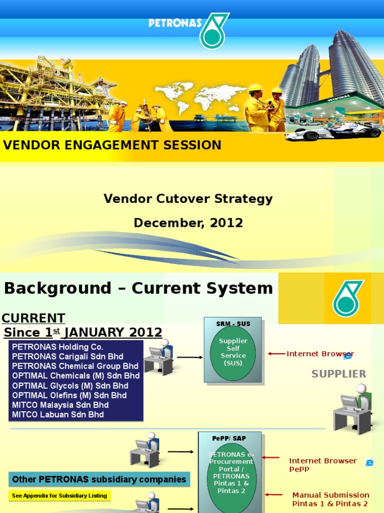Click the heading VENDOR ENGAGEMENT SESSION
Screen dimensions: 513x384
point(112,145)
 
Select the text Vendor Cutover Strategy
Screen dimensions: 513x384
point(188,199)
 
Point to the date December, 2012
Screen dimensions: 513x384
point(188,223)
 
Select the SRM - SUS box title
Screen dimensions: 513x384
point(233,324)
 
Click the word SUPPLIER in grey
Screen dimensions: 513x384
point(338,374)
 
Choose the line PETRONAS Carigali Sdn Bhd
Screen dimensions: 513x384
point(67,357)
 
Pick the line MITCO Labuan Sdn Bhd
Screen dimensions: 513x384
point(58,415)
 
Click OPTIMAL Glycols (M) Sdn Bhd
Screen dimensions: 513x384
point(70,386)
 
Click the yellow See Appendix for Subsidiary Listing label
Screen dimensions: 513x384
point(58,496)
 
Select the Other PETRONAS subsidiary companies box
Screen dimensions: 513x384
point(99,479)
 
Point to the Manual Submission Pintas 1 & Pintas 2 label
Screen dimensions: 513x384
point(330,499)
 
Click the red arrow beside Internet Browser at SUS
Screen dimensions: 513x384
point(276,354)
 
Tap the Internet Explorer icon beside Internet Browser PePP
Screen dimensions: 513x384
point(369,463)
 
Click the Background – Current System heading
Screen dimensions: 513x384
point(138,289)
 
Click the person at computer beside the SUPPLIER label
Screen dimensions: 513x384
point(353,408)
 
